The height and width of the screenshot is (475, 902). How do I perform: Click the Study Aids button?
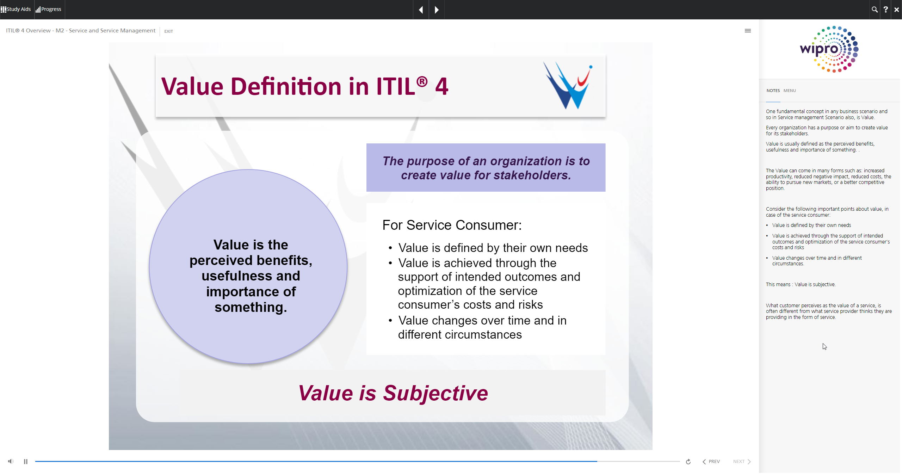coord(16,10)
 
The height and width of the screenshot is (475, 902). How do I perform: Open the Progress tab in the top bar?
coord(49,10)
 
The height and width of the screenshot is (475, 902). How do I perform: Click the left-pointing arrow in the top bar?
coord(421,10)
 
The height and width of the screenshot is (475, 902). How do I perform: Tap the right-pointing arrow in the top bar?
coord(437,10)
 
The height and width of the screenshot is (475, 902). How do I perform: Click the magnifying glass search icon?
coord(875,10)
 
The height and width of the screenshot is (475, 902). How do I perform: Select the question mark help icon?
coord(885,10)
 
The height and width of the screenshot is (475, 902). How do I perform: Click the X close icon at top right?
coord(896,10)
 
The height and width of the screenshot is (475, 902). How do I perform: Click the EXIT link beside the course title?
coord(168,31)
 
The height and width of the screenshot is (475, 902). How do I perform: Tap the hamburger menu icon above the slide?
coord(748,31)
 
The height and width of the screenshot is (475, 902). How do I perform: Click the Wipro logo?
coord(829,49)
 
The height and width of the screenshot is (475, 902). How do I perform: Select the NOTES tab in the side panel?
coord(773,91)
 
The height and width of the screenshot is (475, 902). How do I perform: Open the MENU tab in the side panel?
coord(790,91)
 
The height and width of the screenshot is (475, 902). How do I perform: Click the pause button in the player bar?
coord(26,462)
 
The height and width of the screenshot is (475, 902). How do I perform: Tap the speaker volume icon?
coord(11,461)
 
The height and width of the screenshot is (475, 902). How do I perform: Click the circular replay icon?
coord(688,462)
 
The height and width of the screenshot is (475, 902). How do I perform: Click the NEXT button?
coord(742,462)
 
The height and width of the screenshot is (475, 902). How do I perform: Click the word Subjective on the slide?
coord(435,393)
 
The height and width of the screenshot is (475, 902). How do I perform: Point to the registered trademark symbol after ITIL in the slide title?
coord(422,82)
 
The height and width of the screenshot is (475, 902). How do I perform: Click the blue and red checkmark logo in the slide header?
coord(568,85)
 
